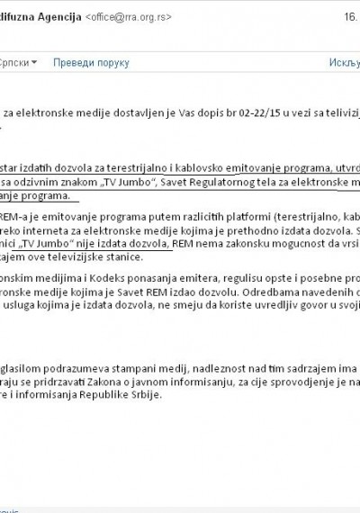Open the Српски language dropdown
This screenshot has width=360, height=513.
coord(19,62)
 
